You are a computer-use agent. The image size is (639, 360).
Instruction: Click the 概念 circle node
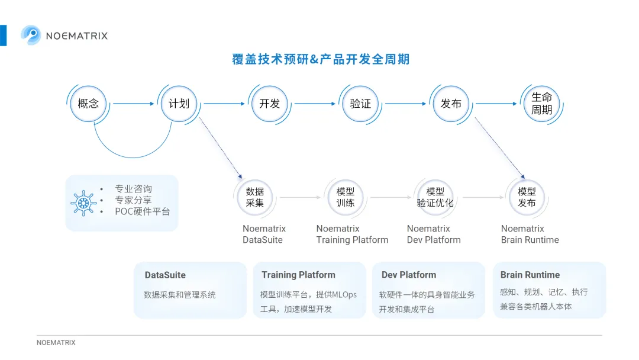(88, 104)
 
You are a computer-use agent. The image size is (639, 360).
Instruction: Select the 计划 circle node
(179, 104)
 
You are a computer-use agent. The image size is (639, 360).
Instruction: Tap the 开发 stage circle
(270, 104)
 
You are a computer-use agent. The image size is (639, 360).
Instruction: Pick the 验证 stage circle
(360, 104)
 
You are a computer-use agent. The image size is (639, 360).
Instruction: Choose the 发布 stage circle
(451, 104)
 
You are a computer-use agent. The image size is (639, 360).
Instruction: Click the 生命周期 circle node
(541, 104)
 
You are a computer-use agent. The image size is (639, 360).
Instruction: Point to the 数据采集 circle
(254, 197)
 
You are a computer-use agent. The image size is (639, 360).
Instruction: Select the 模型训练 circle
(345, 197)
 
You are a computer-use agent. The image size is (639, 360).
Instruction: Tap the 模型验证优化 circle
(435, 197)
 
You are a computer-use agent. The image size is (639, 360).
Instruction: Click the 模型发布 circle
(527, 197)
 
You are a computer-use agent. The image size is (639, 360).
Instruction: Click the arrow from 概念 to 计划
(134, 104)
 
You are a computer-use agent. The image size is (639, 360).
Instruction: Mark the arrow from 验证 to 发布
(405, 104)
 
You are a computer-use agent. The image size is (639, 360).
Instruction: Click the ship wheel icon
(83, 203)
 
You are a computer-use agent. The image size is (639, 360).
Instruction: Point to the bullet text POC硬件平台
(142, 211)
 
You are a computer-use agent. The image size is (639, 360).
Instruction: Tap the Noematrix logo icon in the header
(31, 35)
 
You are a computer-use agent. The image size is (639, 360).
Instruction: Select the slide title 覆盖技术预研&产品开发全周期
(321, 59)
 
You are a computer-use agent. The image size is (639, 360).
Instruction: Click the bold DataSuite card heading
(165, 275)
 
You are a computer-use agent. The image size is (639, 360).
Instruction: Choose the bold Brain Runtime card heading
(530, 275)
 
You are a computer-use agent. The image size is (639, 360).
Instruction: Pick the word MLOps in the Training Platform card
(344, 295)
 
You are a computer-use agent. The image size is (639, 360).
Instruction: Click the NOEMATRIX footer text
(56, 343)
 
